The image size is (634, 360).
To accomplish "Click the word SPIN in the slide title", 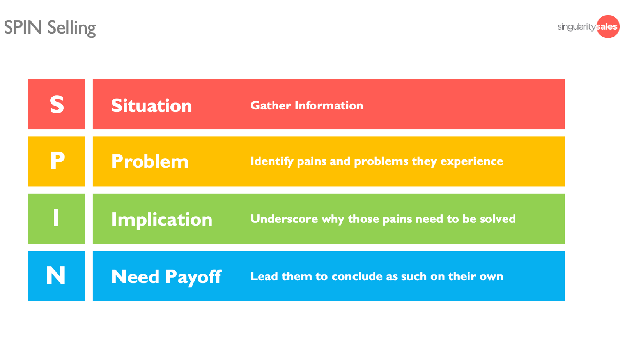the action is (x=23, y=27).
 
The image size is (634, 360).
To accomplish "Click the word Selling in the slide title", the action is (x=72, y=28).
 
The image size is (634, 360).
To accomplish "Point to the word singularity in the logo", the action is (x=577, y=27).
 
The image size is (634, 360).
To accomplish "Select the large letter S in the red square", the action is (x=57, y=104).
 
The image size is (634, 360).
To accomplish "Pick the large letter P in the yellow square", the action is (x=57, y=161).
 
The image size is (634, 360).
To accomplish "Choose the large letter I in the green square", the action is (x=56, y=218).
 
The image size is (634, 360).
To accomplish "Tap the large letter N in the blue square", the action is (x=56, y=275).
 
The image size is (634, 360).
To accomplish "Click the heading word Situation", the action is (x=151, y=106).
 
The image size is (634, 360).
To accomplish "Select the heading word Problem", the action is (x=150, y=161).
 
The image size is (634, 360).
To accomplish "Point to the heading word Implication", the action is (x=161, y=220).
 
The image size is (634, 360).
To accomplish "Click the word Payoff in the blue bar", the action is (x=193, y=277).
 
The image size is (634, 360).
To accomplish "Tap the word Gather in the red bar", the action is (x=271, y=106).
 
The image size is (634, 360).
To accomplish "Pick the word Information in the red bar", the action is (x=329, y=106).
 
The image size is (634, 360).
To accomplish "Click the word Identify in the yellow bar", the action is (x=272, y=161).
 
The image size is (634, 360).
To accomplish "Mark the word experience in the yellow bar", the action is (x=471, y=161).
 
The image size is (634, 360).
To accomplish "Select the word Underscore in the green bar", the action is (x=284, y=219).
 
